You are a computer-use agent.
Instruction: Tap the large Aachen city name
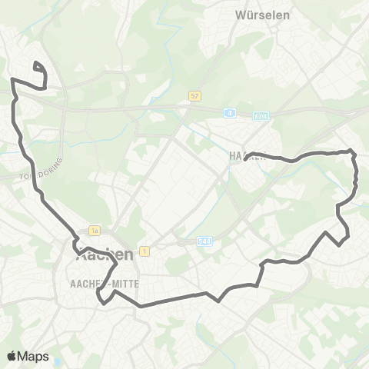(x=105, y=255)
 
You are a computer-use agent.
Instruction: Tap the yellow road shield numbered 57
(x=197, y=95)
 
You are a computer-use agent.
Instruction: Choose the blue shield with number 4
(x=228, y=113)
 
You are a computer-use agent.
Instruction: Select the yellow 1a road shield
(x=95, y=229)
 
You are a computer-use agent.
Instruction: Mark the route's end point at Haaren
(x=244, y=161)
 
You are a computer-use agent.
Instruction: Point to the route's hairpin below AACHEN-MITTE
(x=98, y=296)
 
